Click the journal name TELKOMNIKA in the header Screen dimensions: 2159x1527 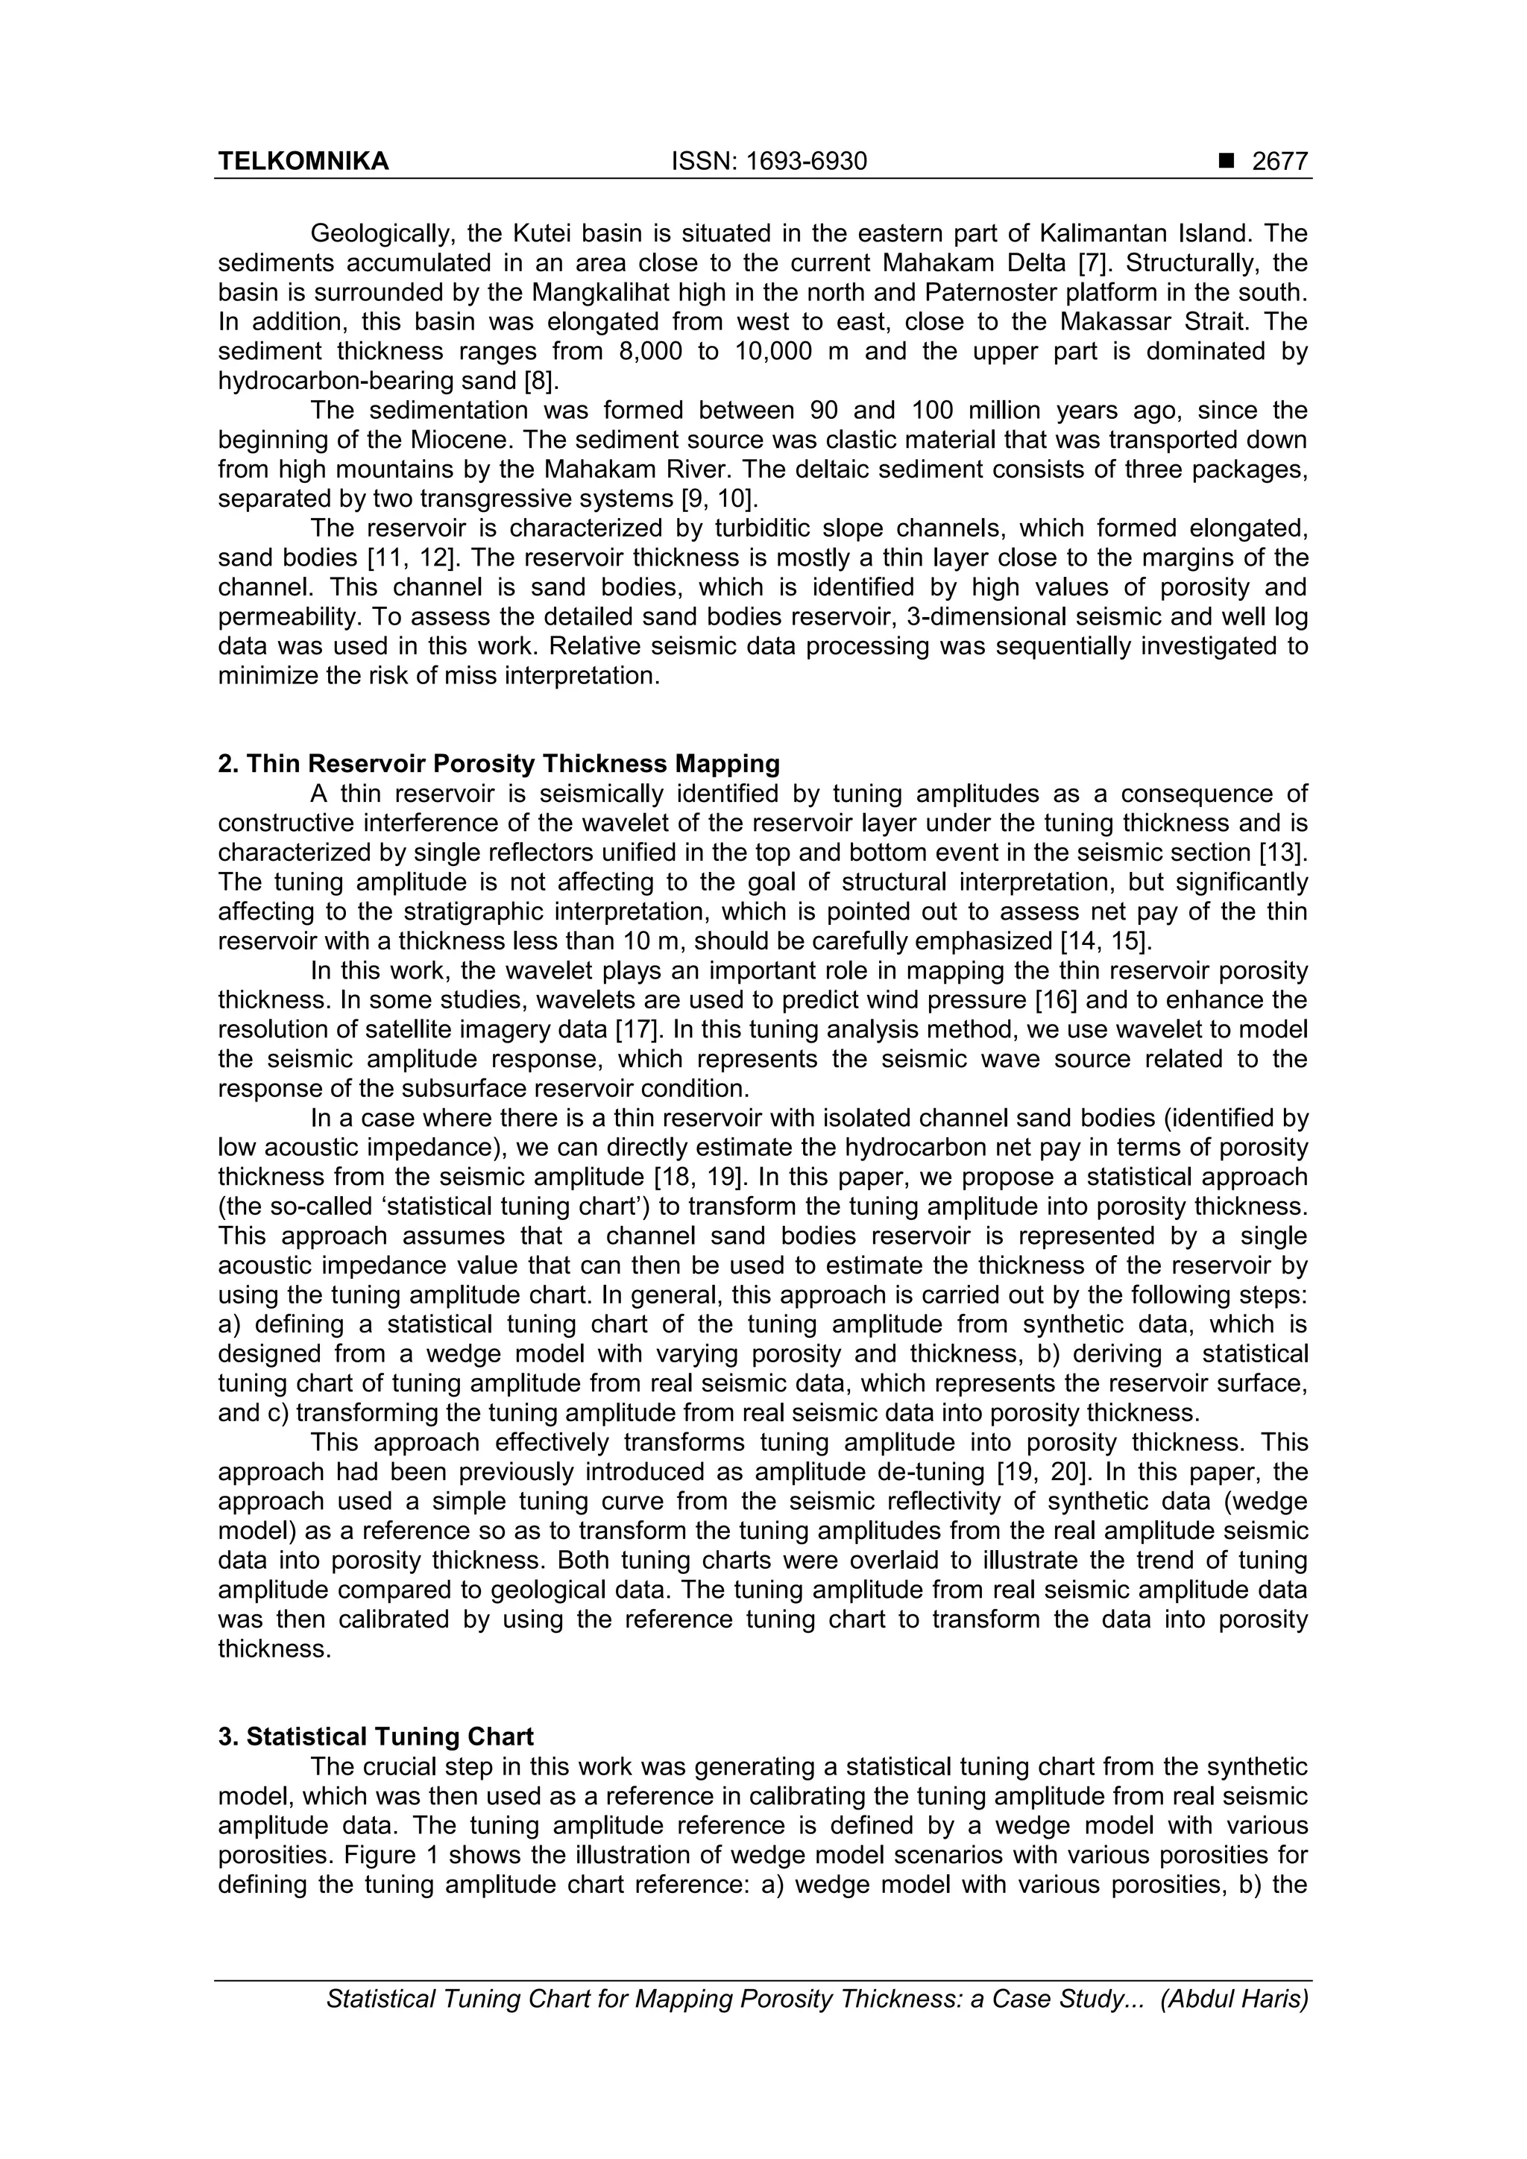(x=303, y=162)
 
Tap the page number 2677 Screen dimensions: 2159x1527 (x=1279, y=162)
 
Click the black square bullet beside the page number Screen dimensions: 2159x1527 (x=1225, y=162)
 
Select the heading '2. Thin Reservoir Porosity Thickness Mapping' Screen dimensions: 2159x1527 (x=499, y=764)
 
